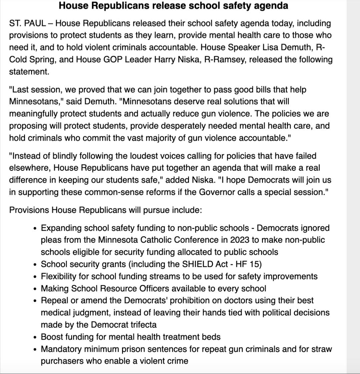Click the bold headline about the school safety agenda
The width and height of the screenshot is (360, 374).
pos(173,6)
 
